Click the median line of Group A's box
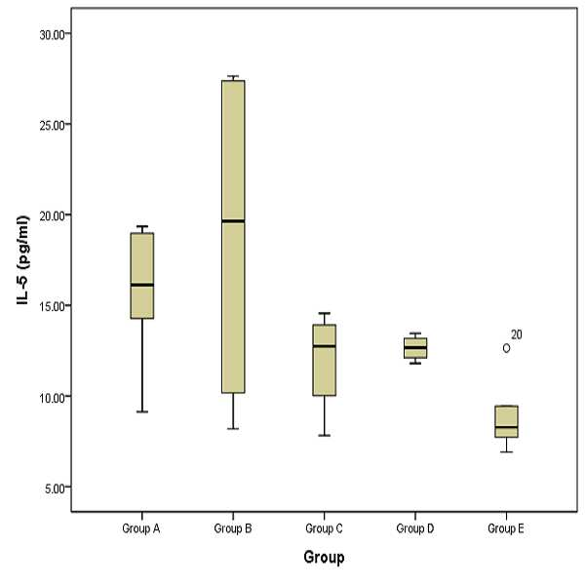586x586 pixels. [x=142, y=285]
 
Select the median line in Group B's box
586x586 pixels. [x=233, y=221]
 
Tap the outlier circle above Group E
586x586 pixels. [x=506, y=348]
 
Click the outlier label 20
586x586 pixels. [x=517, y=334]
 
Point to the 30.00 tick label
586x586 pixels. [x=52, y=35]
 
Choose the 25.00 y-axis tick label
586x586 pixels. [x=52, y=125]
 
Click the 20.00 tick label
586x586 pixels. [x=52, y=216]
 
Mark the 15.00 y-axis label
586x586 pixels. [x=52, y=307]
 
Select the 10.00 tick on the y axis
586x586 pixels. [x=52, y=398]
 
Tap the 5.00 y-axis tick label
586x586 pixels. [x=55, y=488]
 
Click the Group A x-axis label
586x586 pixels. [x=141, y=528]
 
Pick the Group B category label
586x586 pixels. [x=233, y=528]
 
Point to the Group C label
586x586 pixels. [x=324, y=528]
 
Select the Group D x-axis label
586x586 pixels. [x=415, y=528]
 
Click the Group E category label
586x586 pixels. [x=506, y=528]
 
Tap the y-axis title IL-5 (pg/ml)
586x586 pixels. [x=22, y=260]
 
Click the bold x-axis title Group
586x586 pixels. [x=324, y=557]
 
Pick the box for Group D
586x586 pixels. [x=415, y=348]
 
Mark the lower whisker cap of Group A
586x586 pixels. [x=142, y=411]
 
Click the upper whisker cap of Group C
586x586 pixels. [x=324, y=313]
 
